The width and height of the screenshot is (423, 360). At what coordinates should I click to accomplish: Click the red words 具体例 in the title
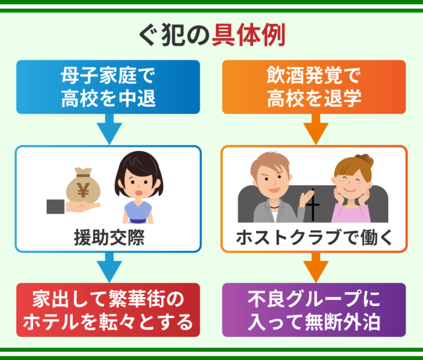pyautogui.click(x=248, y=35)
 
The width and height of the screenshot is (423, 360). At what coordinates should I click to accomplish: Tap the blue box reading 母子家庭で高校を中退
pyautogui.click(x=108, y=87)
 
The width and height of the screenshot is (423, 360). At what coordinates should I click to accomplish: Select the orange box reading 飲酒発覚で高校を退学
pyautogui.click(x=314, y=87)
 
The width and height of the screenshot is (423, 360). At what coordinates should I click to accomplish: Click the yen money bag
pyautogui.click(x=83, y=185)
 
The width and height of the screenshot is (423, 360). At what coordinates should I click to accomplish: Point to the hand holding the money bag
pyautogui.click(x=81, y=207)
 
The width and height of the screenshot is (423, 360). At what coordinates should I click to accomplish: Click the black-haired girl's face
pyautogui.click(x=138, y=187)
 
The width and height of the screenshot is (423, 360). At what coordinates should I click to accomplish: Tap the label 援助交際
pyautogui.click(x=109, y=238)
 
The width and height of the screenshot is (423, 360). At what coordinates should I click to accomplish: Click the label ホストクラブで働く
pyautogui.click(x=314, y=238)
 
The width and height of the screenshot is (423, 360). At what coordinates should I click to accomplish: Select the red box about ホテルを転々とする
pyautogui.click(x=108, y=310)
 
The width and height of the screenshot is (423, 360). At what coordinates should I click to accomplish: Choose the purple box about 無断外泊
pyautogui.click(x=314, y=310)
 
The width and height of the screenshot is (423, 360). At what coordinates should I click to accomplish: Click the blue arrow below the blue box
pyautogui.click(x=109, y=129)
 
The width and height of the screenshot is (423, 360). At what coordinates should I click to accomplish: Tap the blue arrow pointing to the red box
pyautogui.click(x=109, y=267)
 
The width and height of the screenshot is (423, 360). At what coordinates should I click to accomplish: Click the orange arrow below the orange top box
pyautogui.click(x=315, y=129)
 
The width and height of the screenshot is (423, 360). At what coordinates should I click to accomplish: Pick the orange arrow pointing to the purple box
pyautogui.click(x=315, y=267)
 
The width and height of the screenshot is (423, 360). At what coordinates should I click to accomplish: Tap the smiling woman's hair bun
pyautogui.click(x=365, y=160)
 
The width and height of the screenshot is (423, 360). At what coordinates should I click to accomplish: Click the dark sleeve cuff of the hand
pyautogui.click(x=55, y=207)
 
